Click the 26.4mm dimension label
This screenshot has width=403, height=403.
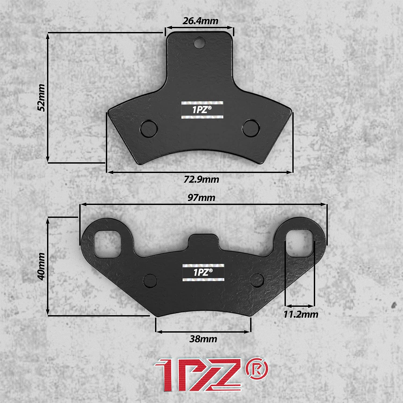click(x=200, y=21)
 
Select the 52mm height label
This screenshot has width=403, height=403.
click(x=41, y=97)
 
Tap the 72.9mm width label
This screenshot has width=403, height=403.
click(x=201, y=179)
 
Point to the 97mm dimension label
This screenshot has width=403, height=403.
click(x=201, y=198)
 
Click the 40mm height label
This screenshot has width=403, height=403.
click(x=41, y=266)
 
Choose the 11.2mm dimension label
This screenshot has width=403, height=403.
click(x=301, y=314)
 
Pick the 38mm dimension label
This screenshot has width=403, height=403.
click(x=203, y=339)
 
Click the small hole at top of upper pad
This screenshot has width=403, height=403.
click(x=199, y=42)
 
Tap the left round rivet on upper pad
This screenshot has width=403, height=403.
click(x=149, y=129)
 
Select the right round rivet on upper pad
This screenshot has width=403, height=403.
click(x=251, y=128)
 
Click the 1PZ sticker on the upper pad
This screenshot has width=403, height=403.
click(x=202, y=110)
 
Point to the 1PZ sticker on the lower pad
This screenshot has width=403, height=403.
click(x=203, y=272)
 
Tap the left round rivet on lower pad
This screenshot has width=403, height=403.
click(x=150, y=280)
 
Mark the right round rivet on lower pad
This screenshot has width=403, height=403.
click(x=257, y=280)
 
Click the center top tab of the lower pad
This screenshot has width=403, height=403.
click(x=203, y=240)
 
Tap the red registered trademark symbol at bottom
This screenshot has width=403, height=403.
click(x=257, y=368)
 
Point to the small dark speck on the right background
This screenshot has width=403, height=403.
click(x=394, y=305)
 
